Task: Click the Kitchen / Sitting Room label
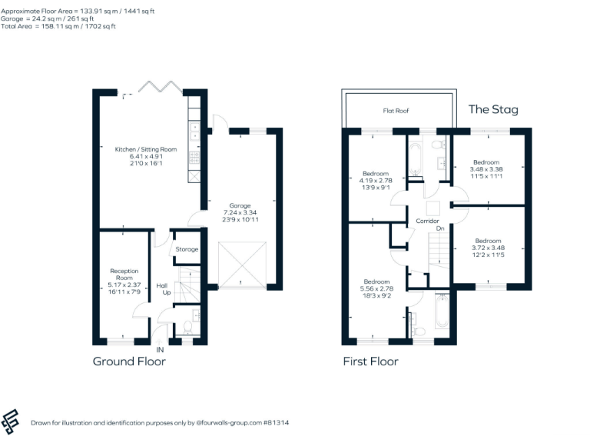click(x=146, y=148)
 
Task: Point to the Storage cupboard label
click(x=187, y=249)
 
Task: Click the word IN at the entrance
click(x=160, y=350)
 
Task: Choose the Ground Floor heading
click(x=129, y=361)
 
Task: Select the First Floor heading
click(x=370, y=361)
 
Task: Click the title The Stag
click(x=493, y=109)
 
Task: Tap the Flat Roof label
click(x=396, y=112)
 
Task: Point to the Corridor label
click(x=427, y=221)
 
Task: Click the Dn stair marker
click(x=439, y=228)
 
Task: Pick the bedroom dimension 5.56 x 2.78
click(x=376, y=288)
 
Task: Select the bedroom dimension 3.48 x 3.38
click(x=487, y=169)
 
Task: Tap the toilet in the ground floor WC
click(x=187, y=328)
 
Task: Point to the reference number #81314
click(x=274, y=423)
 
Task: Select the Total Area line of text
click(x=59, y=26)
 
